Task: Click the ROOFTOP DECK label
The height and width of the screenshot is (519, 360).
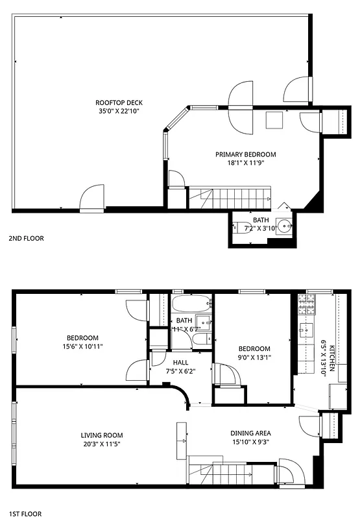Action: (x=119, y=103)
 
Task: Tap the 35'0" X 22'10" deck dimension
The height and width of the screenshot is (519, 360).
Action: (x=119, y=111)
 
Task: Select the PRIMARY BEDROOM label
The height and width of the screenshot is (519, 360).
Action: (x=246, y=154)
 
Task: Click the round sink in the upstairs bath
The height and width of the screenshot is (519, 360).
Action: (x=283, y=227)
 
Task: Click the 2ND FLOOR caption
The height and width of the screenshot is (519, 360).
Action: (x=26, y=238)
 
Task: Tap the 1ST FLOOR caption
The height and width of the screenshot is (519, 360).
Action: (x=25, y=513)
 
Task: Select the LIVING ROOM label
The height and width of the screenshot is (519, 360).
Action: (x=102, y=435)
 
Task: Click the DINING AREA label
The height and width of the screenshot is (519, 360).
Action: (x=250, y=433)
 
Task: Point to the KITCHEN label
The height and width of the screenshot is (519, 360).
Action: (x=331, y=358)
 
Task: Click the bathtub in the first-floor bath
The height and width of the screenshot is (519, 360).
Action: (x=191, y=303)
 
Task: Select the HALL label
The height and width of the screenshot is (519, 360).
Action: (x=180, y=363)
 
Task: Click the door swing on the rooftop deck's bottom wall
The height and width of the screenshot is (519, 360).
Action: (x=91, y=198)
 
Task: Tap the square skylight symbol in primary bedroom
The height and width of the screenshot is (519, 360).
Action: (x=274, y=120)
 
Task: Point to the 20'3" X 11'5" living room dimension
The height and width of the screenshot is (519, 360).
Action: (x=102, y=444)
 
